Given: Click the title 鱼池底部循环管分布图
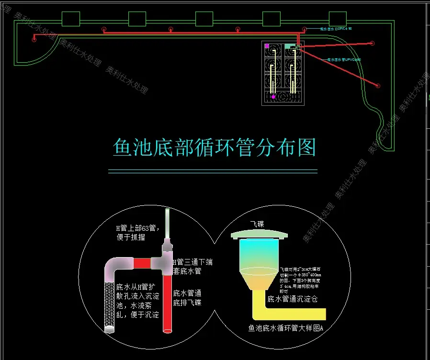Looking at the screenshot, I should tap(215, 147).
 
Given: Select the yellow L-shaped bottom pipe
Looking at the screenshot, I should tap(287, 313).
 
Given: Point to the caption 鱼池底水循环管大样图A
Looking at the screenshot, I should tap(286, 328).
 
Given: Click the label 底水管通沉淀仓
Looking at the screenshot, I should tap(292, 300).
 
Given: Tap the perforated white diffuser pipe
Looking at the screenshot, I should tap(109, 306).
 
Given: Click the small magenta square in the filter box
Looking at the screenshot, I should tap(267, 46).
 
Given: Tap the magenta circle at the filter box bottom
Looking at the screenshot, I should tap(273, 97).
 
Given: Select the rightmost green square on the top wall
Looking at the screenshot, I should tap(338, 19).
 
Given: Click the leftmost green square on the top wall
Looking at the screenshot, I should tap(71, 19).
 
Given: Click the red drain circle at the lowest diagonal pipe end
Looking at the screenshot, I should tap(378, 86).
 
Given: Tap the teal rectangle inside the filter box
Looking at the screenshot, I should tap(288, 46).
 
